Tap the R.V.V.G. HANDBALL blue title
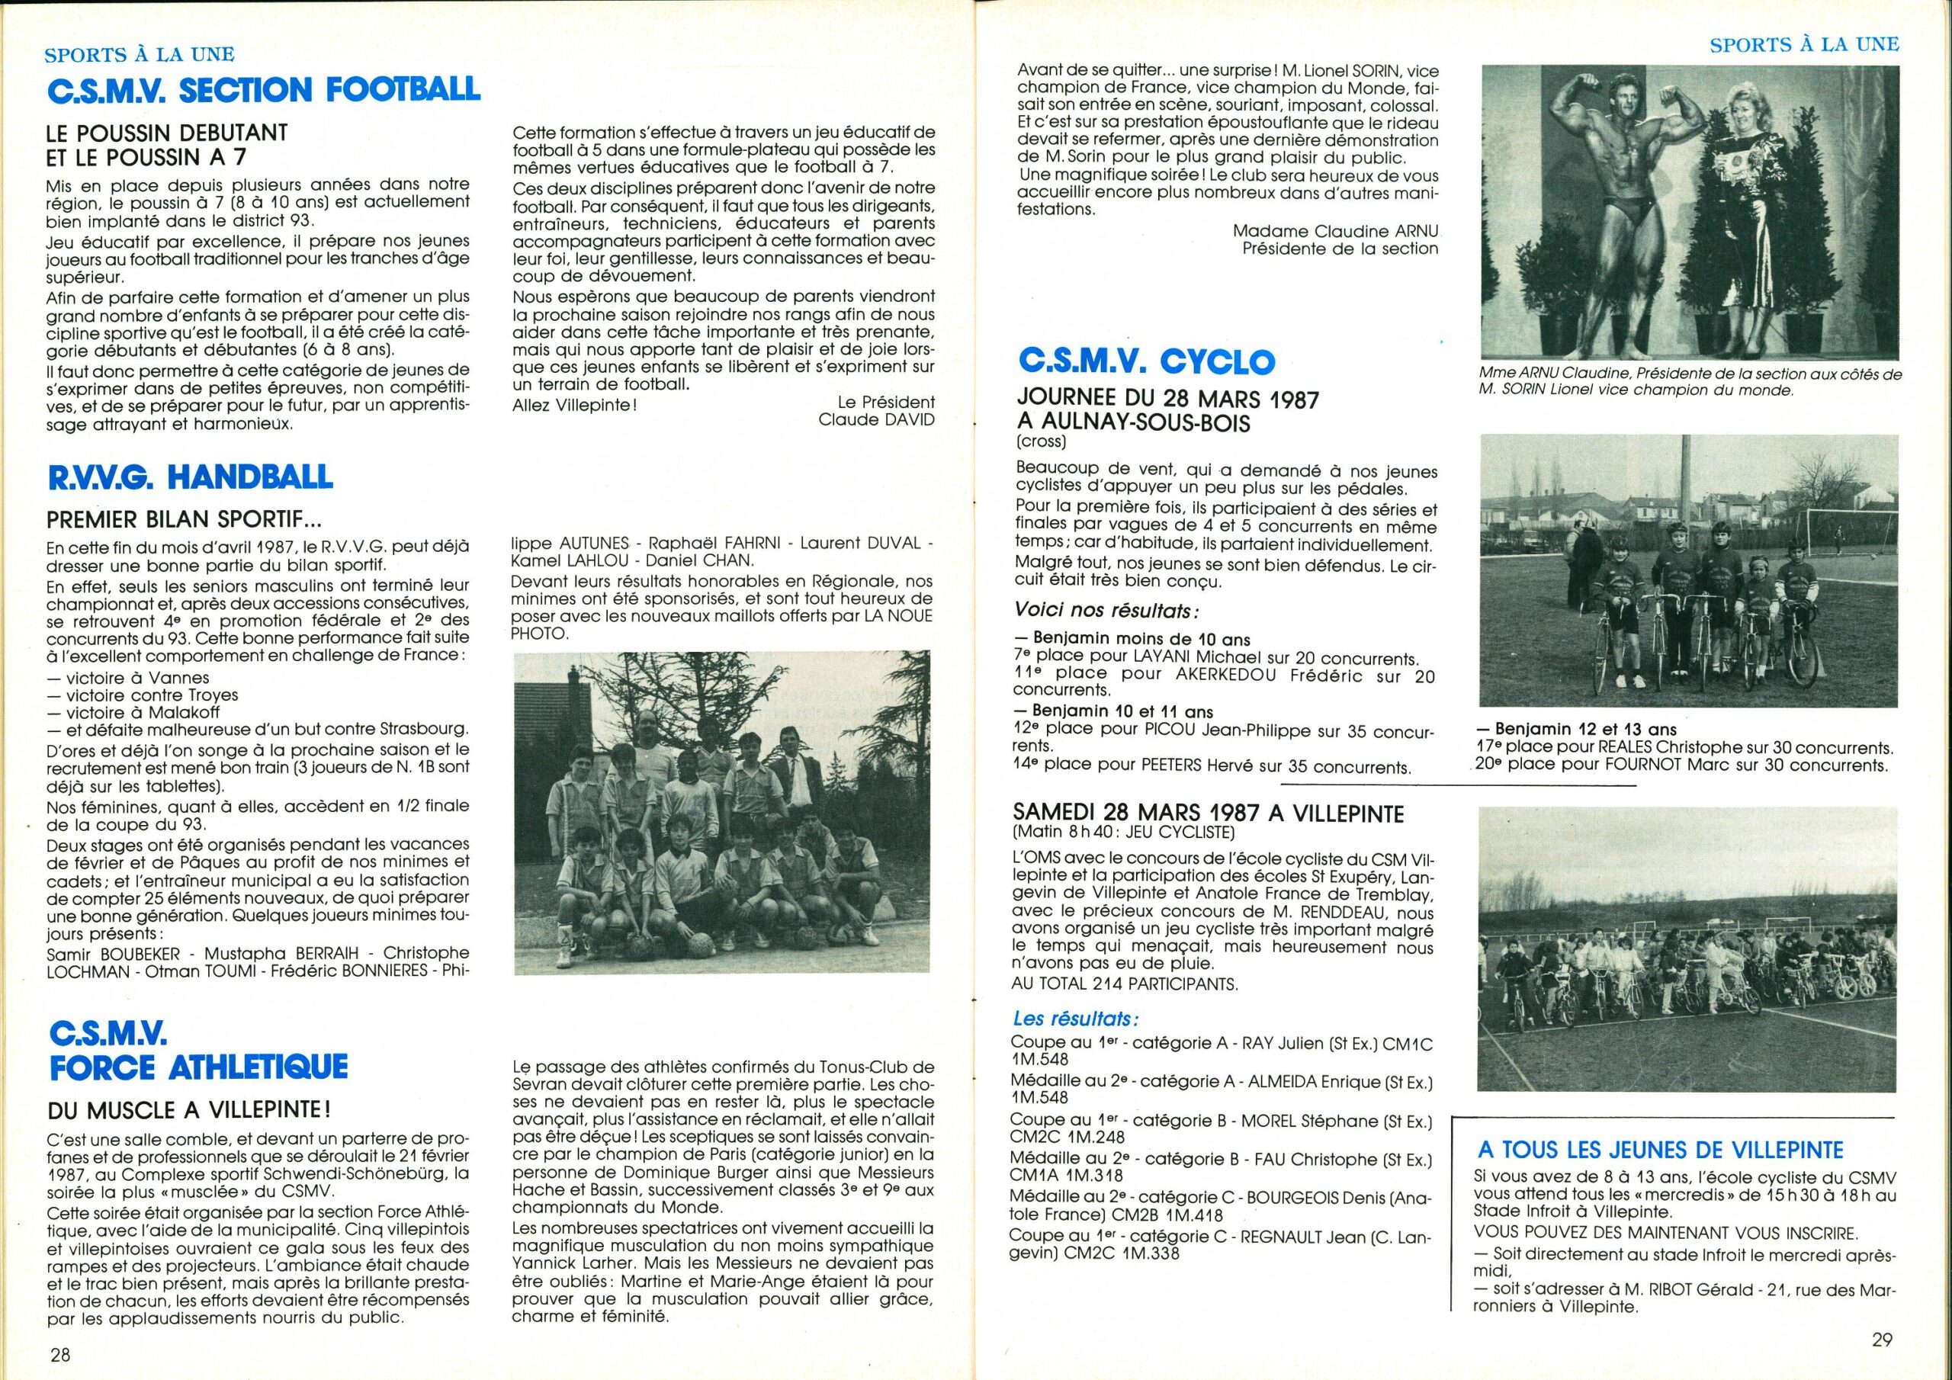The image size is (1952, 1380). coord(189,477)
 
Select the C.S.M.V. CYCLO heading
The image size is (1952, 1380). coord(1147,361)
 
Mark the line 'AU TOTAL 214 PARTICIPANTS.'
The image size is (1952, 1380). coord(1125,984)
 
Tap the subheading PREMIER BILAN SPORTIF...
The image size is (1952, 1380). coord(185,518)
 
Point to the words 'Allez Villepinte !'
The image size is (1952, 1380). coord(574,405)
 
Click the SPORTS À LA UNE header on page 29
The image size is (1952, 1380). coord(1804,44)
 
